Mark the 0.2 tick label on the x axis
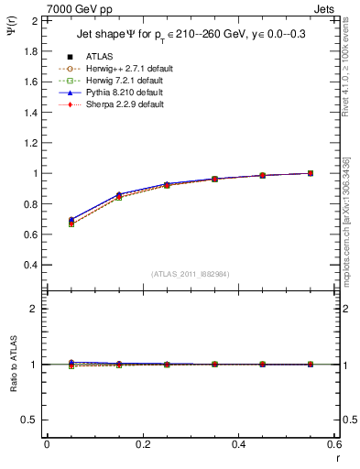click(143, 444)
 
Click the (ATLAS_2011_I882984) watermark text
click(191, 274)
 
